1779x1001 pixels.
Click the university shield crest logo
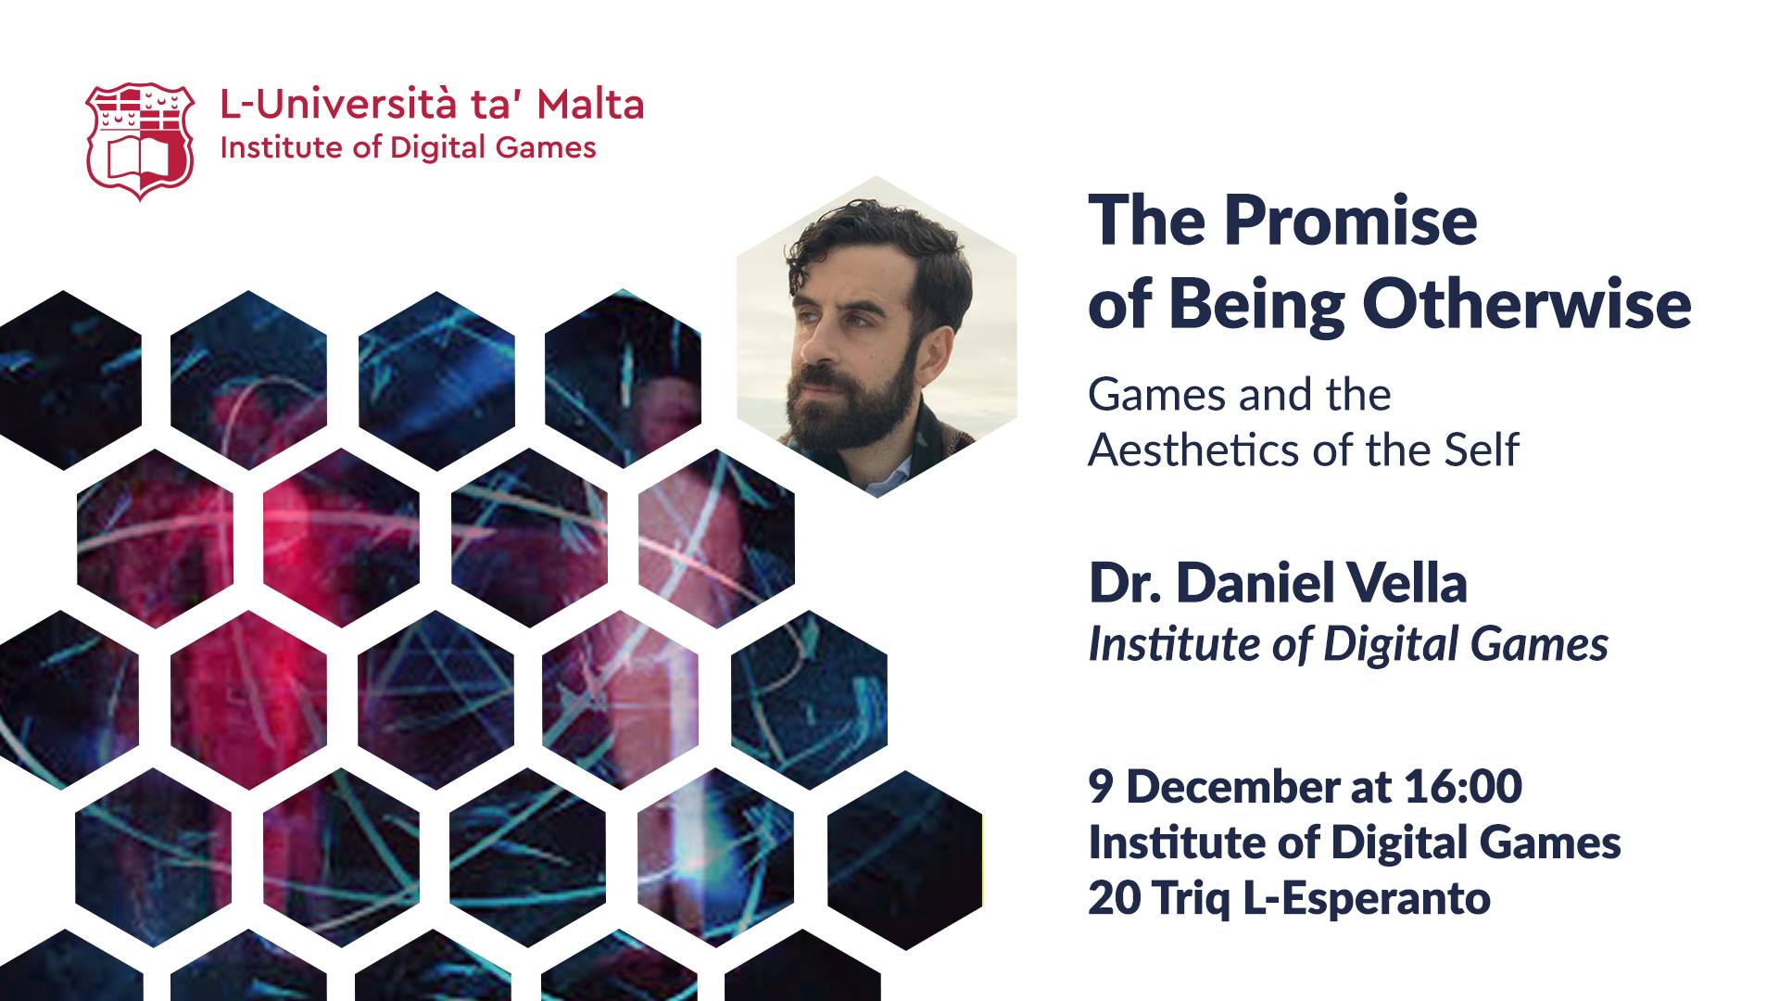140,142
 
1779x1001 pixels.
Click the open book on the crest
140,160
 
